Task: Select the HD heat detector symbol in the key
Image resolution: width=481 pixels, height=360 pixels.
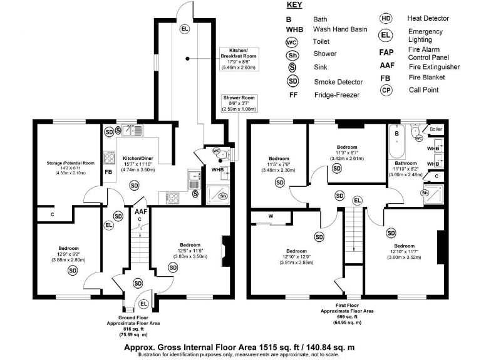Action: [x=386, y=19]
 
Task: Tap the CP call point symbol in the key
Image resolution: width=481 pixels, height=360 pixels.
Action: [x=386, y=90]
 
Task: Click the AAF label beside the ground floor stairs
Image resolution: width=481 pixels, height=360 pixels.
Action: [x=141, y=212]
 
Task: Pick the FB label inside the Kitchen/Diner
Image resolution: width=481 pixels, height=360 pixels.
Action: [x=108, y=172]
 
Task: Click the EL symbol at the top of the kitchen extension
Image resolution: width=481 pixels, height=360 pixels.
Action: [x=185, y=29]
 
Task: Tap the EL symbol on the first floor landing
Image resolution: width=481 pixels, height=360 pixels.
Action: [x=358, y=201]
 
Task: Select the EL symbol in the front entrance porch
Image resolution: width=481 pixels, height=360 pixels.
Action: [x=143, y=304]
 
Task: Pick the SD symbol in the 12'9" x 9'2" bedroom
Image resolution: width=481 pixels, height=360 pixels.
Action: [x=73, y=270]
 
